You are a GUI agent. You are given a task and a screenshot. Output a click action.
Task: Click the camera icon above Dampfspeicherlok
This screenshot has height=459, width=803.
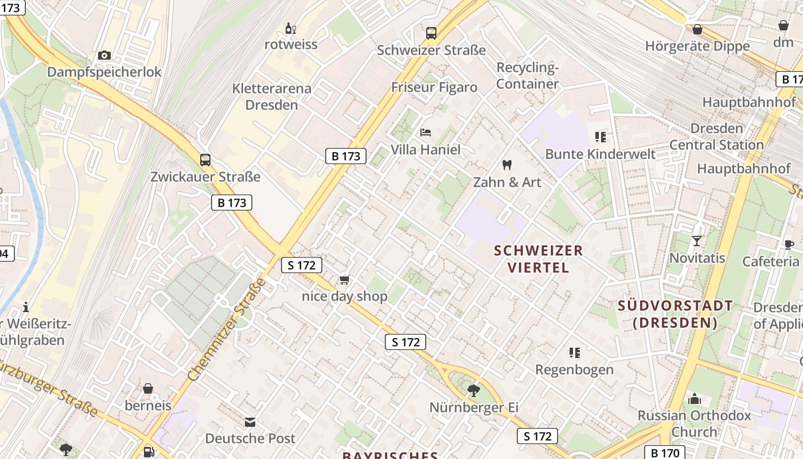point(104,55)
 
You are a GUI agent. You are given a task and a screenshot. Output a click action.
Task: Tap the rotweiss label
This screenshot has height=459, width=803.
point(291,44)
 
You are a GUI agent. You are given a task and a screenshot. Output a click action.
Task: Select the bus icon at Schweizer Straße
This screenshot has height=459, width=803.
point(431,33)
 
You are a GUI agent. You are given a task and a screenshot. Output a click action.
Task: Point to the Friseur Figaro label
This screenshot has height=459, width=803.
point(434,87)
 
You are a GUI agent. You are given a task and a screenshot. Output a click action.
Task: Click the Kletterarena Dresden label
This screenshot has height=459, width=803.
point(272,96)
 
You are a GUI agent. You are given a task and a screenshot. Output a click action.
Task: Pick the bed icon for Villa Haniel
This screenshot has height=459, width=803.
point(426,133)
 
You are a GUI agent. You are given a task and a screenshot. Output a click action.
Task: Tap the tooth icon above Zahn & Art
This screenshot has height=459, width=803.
point(506,165)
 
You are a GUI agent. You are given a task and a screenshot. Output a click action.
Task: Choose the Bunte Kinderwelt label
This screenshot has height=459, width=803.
point(600,154)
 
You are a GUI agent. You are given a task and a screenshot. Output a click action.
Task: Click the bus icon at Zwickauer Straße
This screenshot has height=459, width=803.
point(205,160)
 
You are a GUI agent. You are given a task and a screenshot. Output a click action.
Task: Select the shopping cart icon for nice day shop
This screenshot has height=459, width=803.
point(344,279)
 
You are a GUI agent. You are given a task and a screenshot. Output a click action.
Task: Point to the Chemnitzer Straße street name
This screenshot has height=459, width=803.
point(227,329)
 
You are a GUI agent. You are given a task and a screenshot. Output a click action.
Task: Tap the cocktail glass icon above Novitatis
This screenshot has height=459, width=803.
point(697,241)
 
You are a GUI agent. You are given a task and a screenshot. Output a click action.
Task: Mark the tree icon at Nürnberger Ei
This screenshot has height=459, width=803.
point(473,391)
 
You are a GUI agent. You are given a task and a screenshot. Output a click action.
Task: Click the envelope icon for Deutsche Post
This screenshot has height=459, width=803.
point(250,422)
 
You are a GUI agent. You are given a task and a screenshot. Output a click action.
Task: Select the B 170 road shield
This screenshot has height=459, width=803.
point(665,453)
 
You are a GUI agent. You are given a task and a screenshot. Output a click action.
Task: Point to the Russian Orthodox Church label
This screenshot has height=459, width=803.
point(694,423)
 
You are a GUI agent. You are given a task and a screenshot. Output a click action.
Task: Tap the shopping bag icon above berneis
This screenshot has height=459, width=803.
point(148,388)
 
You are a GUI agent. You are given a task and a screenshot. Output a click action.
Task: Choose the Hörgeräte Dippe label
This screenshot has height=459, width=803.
point(697,46)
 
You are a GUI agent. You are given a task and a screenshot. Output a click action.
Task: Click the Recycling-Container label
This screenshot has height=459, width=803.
point(527,76)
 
